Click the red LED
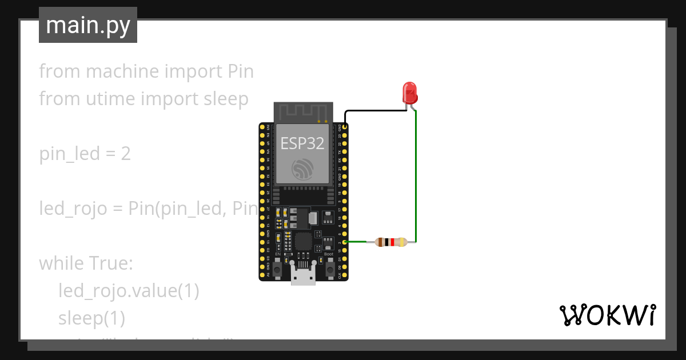409,91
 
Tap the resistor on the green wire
391,242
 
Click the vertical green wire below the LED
416,177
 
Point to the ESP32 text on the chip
302,143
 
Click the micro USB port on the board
303,275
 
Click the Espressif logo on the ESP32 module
302,170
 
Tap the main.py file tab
88,25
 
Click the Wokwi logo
607,315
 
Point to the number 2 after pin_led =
125,154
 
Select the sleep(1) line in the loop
91,317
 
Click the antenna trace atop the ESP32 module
303,112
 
